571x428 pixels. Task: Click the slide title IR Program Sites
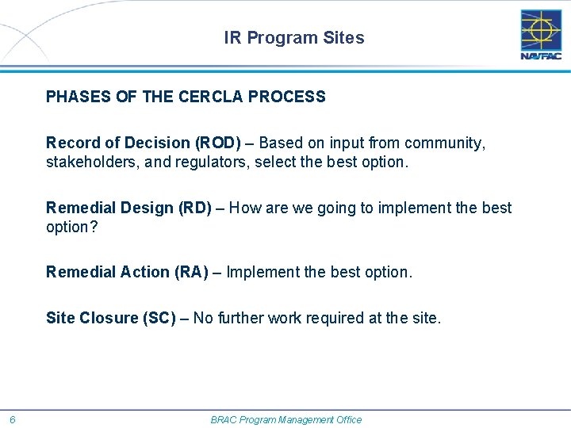tap(294, 38)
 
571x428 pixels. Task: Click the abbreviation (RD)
tap(189, 208)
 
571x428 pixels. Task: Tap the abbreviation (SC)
tap(159, 318)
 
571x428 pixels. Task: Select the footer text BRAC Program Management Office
tap(285, 419)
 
